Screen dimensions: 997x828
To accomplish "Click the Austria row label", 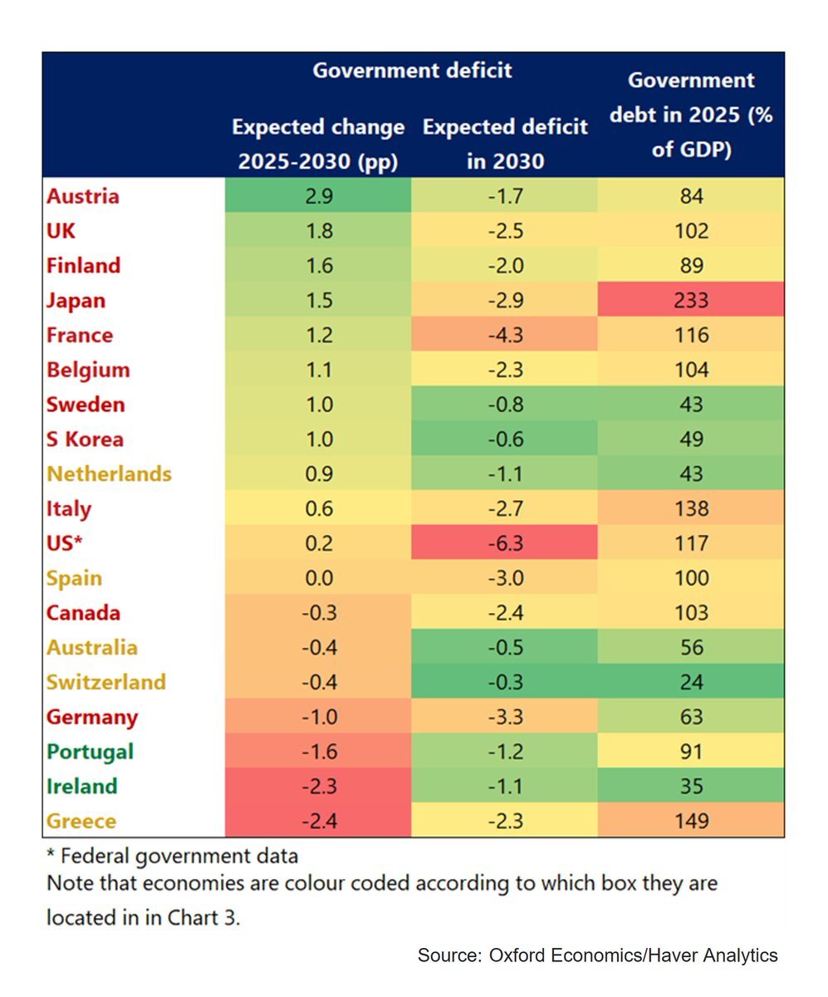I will pos(83,197).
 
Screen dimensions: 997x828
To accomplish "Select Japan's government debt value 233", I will pos(691,300).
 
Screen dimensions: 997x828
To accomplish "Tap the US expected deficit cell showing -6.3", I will pos(504,543).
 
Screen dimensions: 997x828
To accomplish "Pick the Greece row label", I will pos(81,821).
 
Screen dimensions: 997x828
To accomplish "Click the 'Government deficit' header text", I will pos(412,71).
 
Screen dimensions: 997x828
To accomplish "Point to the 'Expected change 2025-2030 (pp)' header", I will pos(318,145).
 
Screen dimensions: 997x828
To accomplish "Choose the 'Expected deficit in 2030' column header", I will pos(505,144).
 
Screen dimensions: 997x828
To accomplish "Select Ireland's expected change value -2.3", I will pos(318,786).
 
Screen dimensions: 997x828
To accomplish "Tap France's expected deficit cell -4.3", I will pos(504,336).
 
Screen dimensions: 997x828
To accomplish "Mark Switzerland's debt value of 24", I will pos(691,682).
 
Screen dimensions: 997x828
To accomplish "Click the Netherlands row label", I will pos(109,474).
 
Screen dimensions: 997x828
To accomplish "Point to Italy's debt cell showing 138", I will pos(691,508).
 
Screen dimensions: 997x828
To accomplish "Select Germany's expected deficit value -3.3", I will pos(504,717).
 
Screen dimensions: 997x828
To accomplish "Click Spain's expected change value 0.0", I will pos(318,578).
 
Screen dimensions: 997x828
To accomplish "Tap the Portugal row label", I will pos(90,752).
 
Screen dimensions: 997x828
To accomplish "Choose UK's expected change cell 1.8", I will pos(318,231).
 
